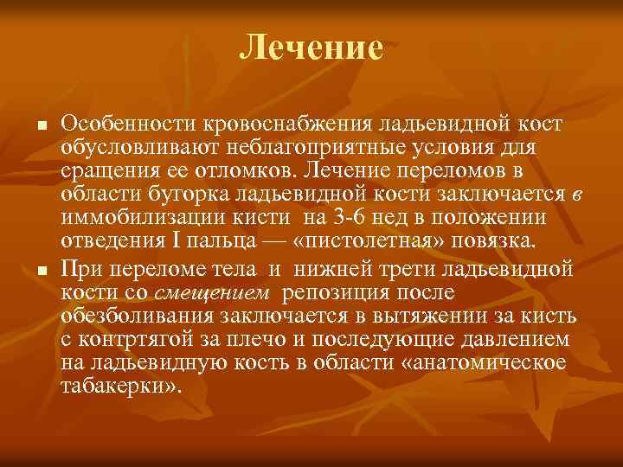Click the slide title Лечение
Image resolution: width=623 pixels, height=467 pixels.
point(311,47)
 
